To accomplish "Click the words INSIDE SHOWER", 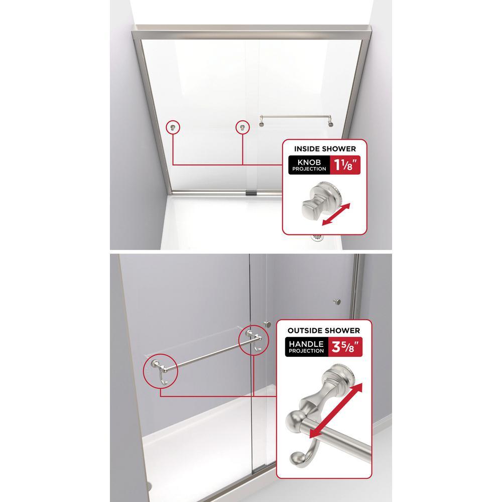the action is [x=325, y=149].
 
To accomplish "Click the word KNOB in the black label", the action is [x=309, y=162].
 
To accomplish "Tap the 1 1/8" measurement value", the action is [x=345, y=165].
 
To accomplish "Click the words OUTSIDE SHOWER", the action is [x=324, y=330].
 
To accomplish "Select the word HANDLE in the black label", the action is [x=306, y=344].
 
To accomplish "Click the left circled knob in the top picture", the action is [x=173, y=128].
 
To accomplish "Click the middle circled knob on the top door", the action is [x=242, y=128].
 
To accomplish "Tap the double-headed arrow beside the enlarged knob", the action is [x=336, y=214].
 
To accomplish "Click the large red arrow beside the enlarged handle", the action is [x=336, y=410].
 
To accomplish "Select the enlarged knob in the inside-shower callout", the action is [x=321, y=200].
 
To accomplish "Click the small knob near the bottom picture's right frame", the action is [x=337, y=301].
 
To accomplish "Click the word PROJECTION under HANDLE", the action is [x=306, y=351].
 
